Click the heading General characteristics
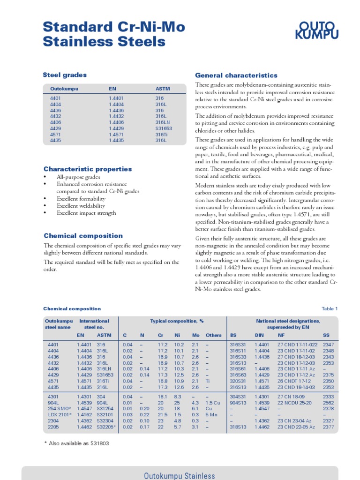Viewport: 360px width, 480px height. click(236, 75)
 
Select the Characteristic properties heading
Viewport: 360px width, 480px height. click(88, 169)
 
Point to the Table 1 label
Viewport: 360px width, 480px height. click(329, 309)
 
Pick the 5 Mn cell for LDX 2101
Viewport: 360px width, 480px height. click(211, 414)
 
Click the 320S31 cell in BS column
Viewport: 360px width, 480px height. click(238, 381)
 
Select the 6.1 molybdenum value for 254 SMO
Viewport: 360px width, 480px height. click(195, 408)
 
